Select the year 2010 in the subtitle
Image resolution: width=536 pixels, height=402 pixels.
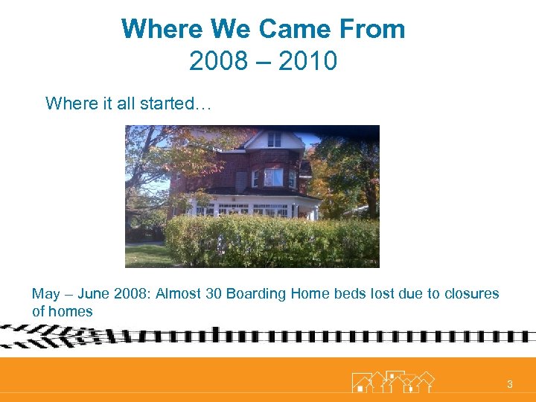pyautogui.click(x=307, y=61)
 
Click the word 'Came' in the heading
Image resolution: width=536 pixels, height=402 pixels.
pyautogui.click(x=293, y=29)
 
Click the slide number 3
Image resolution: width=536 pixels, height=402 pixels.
pyautogui.click(x=510, y=384)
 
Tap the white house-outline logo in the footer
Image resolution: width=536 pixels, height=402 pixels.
pyautogui.click(x=392, y=381)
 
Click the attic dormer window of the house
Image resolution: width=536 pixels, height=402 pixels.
pyautogui.click(x=274, y=138)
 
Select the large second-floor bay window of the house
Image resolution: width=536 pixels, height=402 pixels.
pyautogui.click(x=273, y=178)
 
